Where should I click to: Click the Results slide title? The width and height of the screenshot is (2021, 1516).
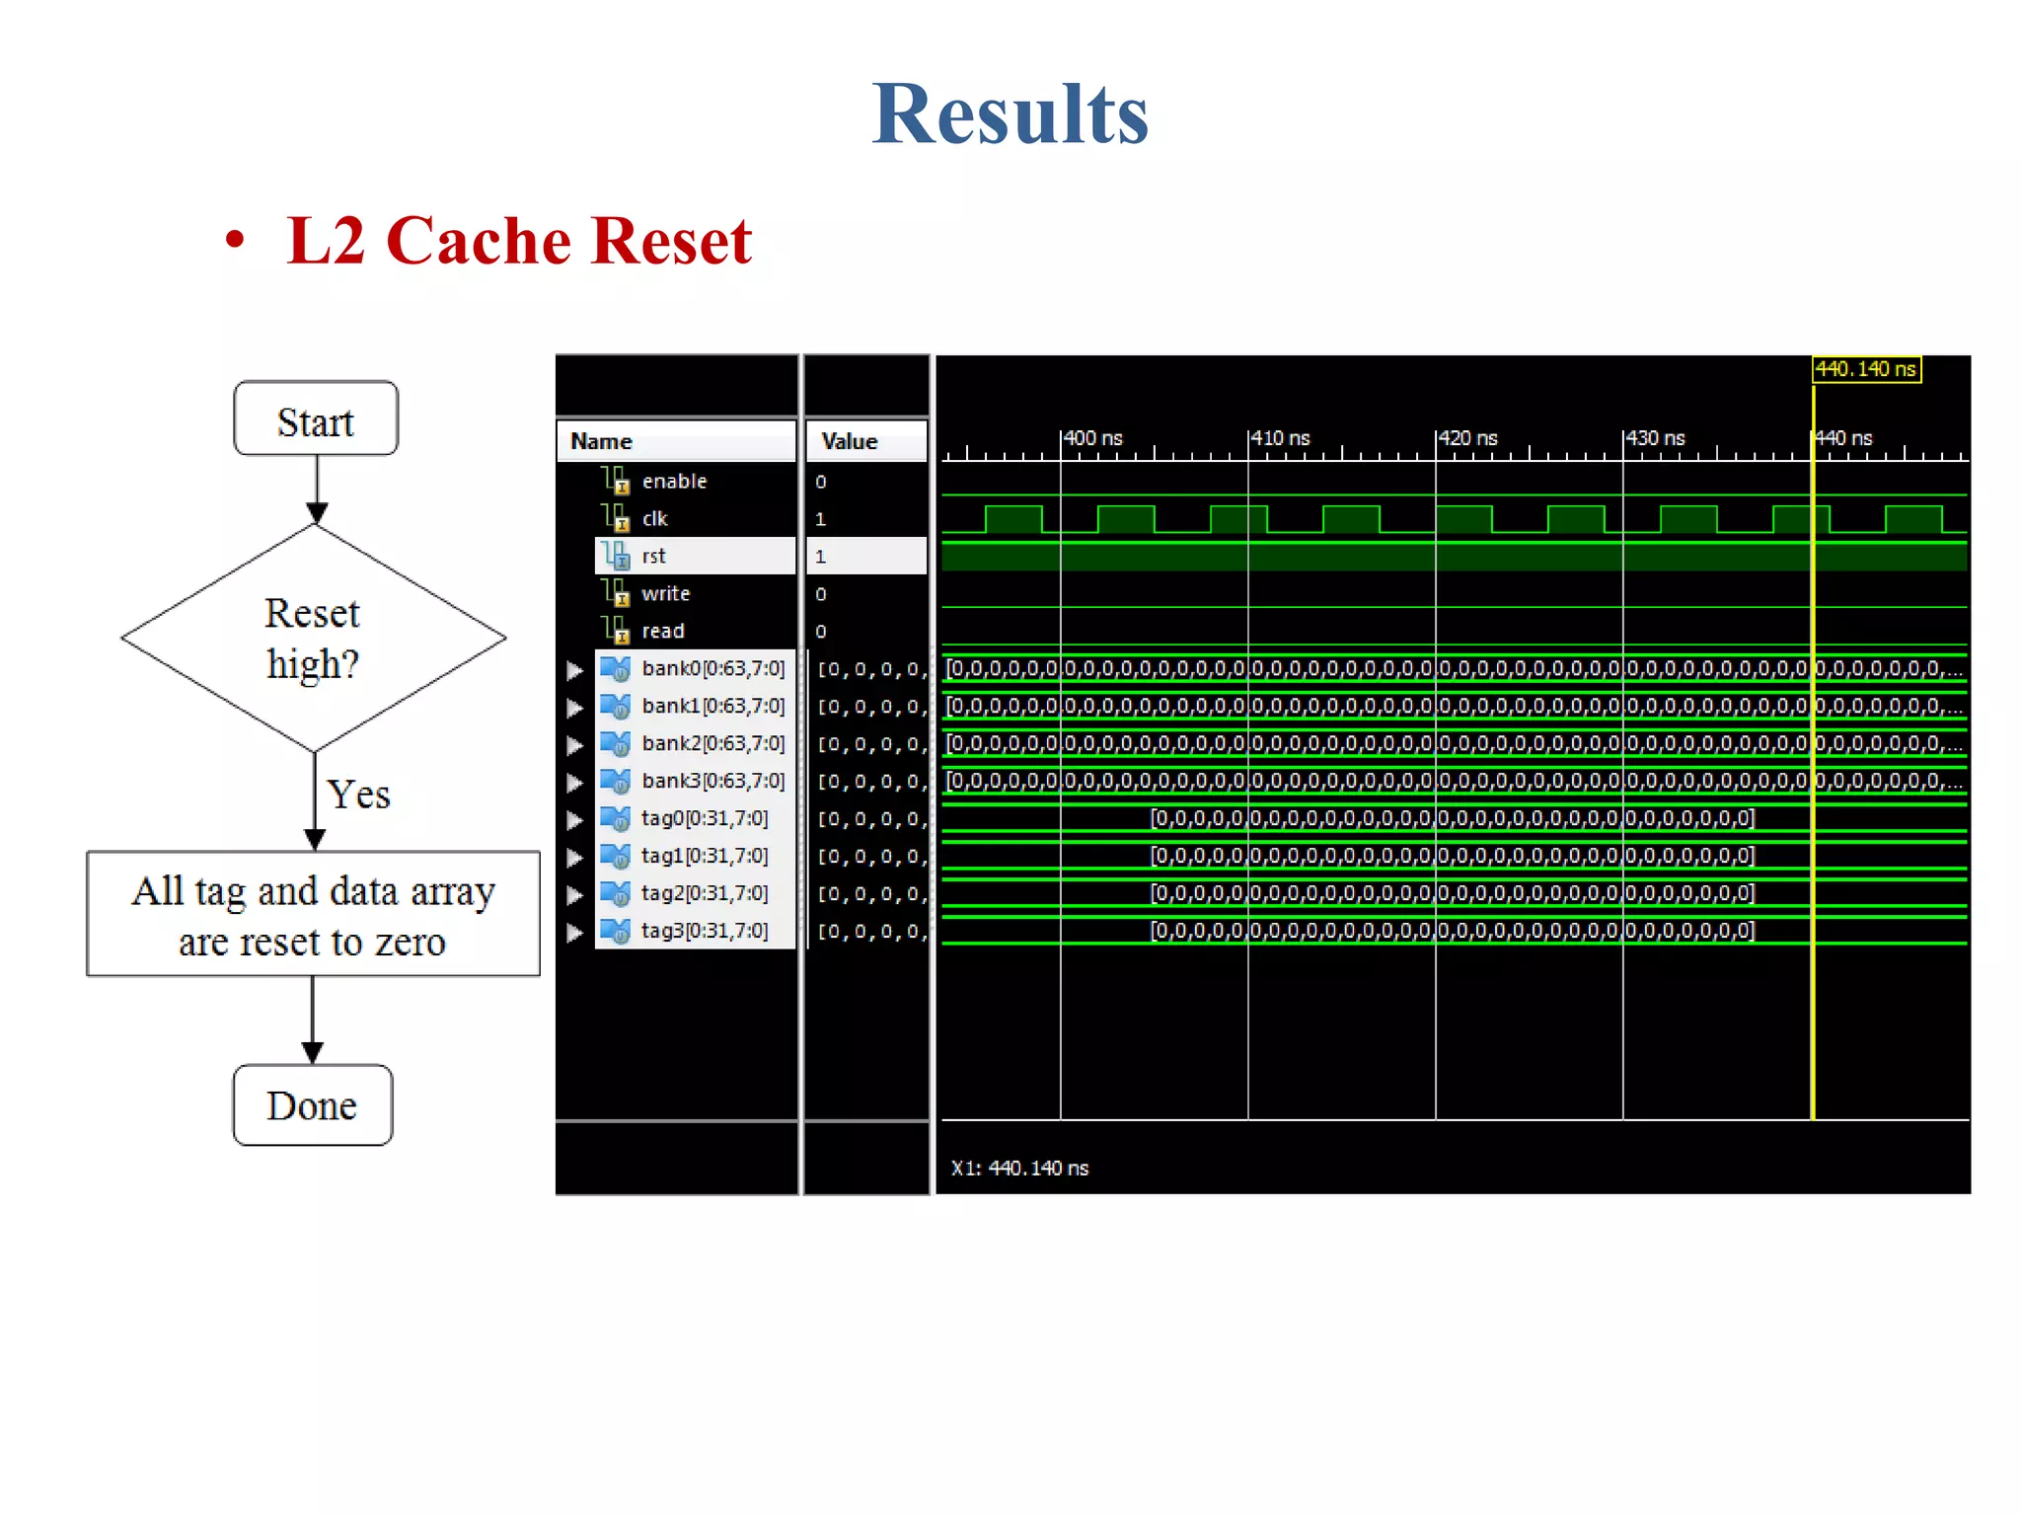(x=1010, y=114)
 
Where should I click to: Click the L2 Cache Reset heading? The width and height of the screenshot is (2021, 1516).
(x=519, y=241)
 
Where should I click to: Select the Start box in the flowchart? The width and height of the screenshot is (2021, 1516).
(x=316, y=419)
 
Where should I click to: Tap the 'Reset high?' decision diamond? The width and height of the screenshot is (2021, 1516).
(x=314, y=638)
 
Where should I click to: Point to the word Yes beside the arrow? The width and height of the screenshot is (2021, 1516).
(x=359, y=795)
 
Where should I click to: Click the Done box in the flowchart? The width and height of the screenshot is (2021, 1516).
(x=312, y=1105)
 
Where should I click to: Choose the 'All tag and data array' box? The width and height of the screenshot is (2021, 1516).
(x=313, y=914)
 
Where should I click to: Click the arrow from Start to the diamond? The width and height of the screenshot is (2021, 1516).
(x=317, y=488)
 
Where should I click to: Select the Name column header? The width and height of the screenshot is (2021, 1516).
(x=602, y=441)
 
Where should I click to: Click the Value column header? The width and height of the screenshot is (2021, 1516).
(x=850, y=441)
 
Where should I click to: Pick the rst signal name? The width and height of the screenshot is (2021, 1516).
(x=653, y=556)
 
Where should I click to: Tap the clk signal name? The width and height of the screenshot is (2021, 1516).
(x=654, y=518)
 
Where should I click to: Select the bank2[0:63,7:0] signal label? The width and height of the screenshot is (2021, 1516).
(x=712, y=743)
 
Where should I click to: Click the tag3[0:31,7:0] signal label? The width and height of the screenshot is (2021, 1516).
(x=704, y=931)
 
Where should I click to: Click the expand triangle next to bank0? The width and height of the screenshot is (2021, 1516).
(x=574, y=670)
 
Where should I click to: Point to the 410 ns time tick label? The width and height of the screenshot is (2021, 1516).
(x=1281, y=437)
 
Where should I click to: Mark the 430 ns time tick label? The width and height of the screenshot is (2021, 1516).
(x=1656, y=437)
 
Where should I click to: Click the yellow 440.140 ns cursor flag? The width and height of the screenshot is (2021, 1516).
(x=1866, y=369)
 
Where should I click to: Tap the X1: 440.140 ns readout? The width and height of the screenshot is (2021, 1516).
(x=1019, y=1168)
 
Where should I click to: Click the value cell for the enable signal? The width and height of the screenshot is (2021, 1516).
(x=821, y=482)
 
